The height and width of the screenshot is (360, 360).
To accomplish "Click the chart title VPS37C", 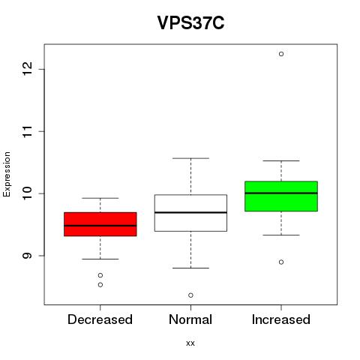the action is (x=190, y=22).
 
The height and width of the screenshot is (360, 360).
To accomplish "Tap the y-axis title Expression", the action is (x=7, y=174).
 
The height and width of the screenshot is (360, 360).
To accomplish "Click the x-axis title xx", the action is (x=190, y=343).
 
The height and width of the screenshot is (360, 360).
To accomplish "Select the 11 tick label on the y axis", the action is (x=26, y=131).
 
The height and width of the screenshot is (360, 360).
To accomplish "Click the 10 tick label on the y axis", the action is (x=26, y=193).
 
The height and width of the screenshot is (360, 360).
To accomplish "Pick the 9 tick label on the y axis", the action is (x=26, y=256).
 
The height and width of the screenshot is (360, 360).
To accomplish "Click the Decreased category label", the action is (x=100, y=319).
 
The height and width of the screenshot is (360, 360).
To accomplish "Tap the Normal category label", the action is (x=190, y=319).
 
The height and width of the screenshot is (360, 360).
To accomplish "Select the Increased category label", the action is (x=281, y=319).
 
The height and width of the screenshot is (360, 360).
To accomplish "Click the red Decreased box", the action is (x=100, y=224).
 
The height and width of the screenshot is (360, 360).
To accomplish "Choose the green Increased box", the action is (x=281, y=196).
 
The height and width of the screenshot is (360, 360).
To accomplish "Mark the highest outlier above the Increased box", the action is (x=281, y=54).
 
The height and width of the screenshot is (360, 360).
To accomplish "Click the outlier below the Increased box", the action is (x=281, y=262).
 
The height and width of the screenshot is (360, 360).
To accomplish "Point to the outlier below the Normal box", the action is (x=190, y=295).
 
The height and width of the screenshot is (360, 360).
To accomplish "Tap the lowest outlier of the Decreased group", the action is (x=100, y=285).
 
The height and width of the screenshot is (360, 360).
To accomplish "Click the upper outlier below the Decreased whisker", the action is (x=100, y=275).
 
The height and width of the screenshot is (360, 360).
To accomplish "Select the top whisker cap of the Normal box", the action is (x=190, y=158).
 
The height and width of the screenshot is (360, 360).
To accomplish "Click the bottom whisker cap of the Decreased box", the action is (x=100, y=259).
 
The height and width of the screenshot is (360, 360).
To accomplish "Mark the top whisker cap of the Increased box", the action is (x=281, y=160).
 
